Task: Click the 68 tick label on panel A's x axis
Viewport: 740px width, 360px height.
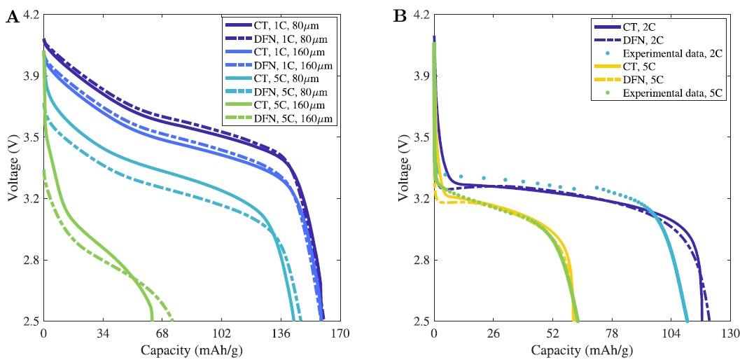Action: click(x=162, y=334)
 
